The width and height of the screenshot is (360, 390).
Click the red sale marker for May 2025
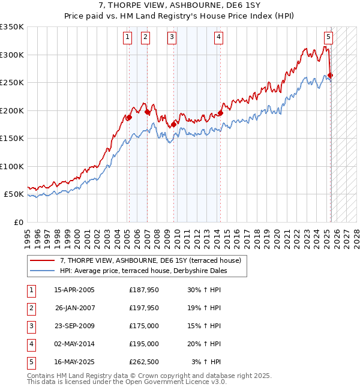(x=331, y=76)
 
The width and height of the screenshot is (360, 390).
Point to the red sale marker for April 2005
(x=128, y=118)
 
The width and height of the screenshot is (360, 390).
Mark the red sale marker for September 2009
(x=174, y=125)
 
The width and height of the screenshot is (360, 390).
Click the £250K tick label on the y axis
(x=12, y=83)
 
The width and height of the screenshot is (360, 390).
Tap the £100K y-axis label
(x=12, y=167)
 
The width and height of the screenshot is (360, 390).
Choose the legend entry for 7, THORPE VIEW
(x=150, y=260)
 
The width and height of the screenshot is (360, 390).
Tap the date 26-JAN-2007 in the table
(x=75, y=308)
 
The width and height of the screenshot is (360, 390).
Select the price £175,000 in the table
(x=144, y=326)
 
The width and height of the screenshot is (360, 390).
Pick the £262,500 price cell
(x=144, y=362)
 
